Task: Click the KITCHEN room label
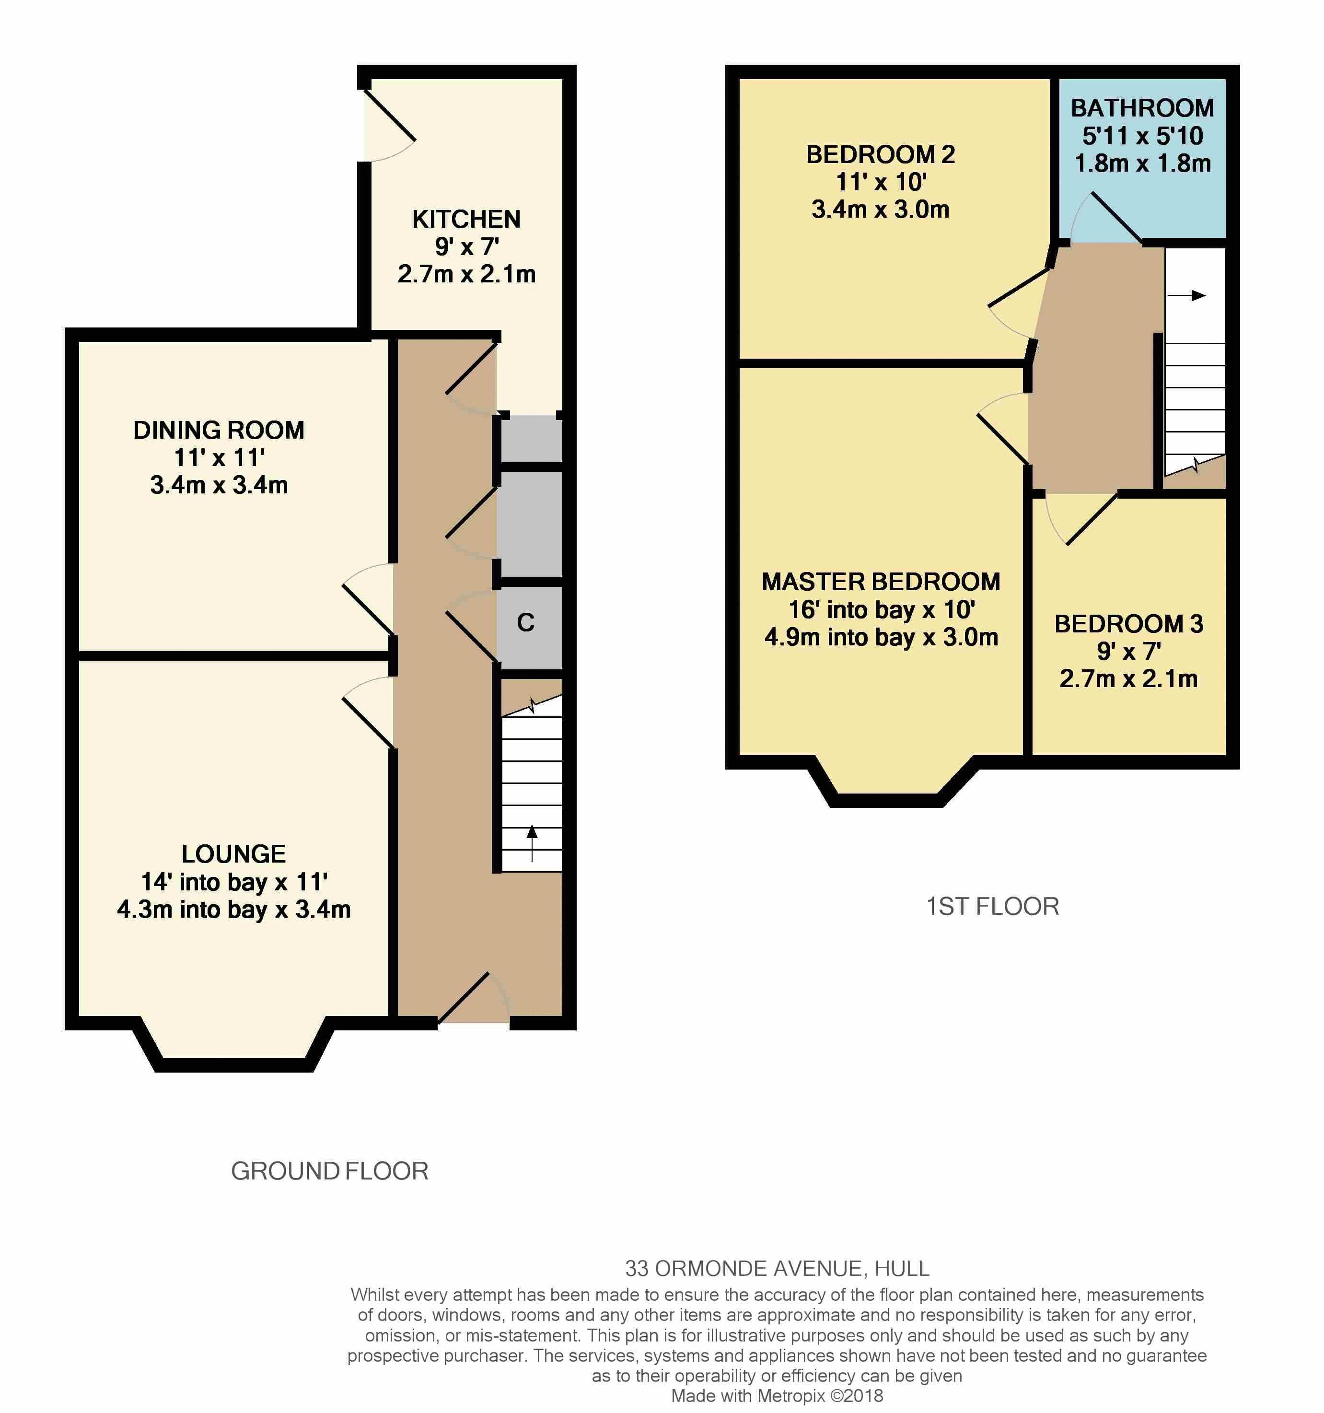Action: pos(466,219)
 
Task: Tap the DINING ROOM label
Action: pos(219,430)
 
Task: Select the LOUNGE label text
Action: pos(234,853)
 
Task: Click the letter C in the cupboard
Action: pos(526,623)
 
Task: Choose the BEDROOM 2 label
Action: pos(881,154)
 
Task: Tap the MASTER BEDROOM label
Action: pos(881,582)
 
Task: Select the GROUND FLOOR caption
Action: pos(330,1171)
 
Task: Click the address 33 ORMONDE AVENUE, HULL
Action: pos(777,1269)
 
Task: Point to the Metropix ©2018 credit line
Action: pos(777,1396)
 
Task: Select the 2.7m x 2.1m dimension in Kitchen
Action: pos(466,274)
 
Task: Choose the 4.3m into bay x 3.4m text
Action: pos(234,910)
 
